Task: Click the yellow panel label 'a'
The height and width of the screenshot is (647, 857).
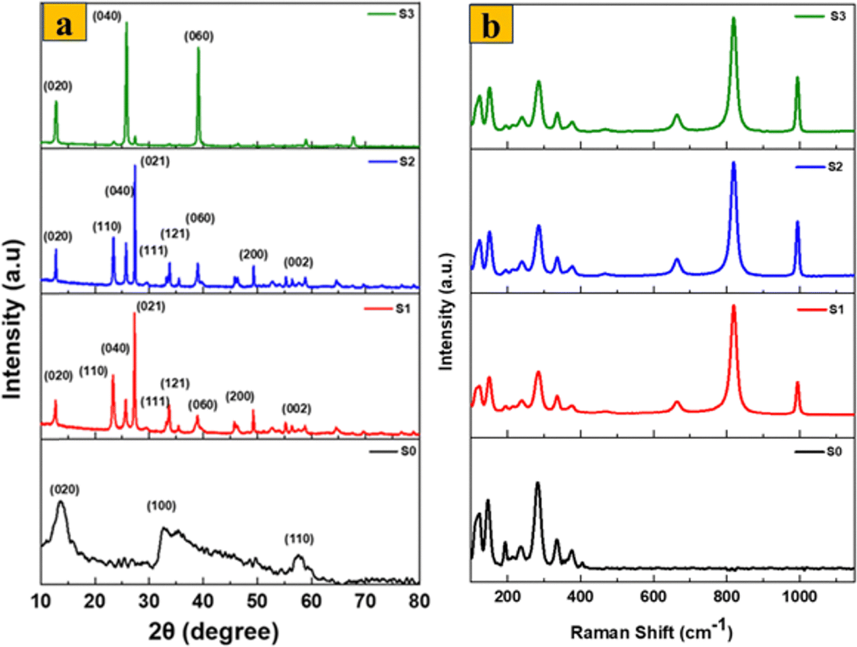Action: tap(65, 25)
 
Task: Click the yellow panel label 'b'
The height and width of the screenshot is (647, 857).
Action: tap(491, 25)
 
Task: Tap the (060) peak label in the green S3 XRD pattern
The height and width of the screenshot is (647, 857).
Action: tap(199, 37)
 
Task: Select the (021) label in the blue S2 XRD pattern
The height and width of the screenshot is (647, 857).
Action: tap(155, 162)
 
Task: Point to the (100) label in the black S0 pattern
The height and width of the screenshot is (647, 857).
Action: tap(161, 506)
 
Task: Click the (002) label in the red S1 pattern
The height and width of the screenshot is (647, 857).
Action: tap(297, 409)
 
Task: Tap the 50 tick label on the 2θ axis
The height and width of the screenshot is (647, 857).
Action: tap(257, 601)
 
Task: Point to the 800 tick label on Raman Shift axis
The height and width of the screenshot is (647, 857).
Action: tap(726, 597)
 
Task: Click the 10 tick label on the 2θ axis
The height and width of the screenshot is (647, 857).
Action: tap(41, 601)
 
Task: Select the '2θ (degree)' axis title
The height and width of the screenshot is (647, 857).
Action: tap(214, 632)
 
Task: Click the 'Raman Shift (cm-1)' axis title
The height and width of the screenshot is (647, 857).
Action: tap(651, 631)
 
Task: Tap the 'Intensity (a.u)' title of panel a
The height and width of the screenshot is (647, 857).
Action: tap(13, 320)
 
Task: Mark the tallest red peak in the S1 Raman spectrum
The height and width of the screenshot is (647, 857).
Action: tap(734, 307)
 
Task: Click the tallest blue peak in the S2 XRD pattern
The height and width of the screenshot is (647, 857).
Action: tap(135, 166)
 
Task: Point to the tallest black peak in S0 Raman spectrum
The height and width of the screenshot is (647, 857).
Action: tap(538, 483)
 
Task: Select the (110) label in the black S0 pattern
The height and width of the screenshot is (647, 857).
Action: tap(299, 539)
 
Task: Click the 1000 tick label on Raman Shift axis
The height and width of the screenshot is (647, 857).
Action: tap(799, 597)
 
